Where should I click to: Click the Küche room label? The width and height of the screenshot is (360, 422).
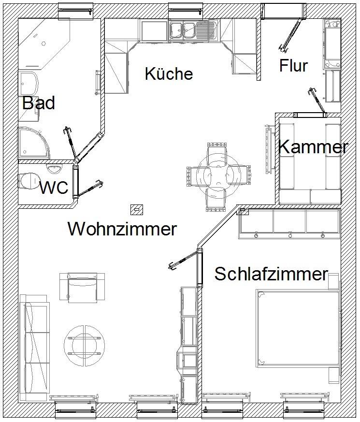[169, 74]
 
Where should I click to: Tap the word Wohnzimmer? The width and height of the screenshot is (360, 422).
[122, 229]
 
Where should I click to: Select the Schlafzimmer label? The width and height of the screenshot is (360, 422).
[271, 274]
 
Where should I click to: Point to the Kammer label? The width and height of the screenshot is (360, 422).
[313, 147]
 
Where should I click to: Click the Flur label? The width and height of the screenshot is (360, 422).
[293, 66]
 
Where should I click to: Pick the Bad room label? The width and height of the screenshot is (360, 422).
[39, 103]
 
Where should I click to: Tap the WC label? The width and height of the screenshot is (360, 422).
[54, 188]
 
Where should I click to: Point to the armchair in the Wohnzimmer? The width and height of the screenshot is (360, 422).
[82, 287]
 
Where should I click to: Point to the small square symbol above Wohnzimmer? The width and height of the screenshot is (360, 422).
[137, 210]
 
